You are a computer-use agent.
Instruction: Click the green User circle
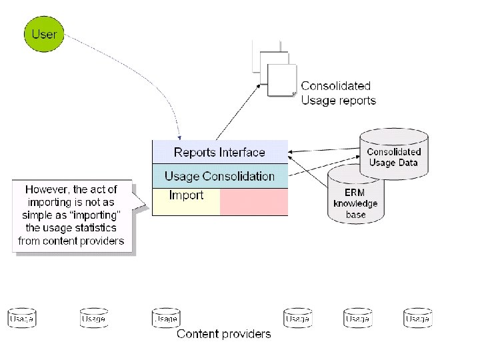pos(44,33)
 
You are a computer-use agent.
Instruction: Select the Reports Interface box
pos(219,152)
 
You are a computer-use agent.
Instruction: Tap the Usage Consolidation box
pos(219,176)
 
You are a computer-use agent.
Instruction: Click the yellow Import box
pos(186,201)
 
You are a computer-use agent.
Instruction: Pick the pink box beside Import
pos(254,201)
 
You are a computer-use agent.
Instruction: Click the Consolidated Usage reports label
pos(338,93)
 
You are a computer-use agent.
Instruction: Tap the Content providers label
pos(224,334)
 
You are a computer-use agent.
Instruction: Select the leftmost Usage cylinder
pos(21,318)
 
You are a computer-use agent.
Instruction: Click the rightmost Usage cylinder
pos(417,318)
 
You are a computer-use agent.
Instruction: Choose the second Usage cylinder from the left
pos(93,318)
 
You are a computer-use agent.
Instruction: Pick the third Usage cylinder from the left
pos(165,318)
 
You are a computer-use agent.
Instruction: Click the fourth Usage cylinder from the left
pos(297,318)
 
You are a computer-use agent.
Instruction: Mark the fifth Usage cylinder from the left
pos(357,318)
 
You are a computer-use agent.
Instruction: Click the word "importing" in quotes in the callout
pos(97,215)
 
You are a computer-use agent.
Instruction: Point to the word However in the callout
pos(47,189)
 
